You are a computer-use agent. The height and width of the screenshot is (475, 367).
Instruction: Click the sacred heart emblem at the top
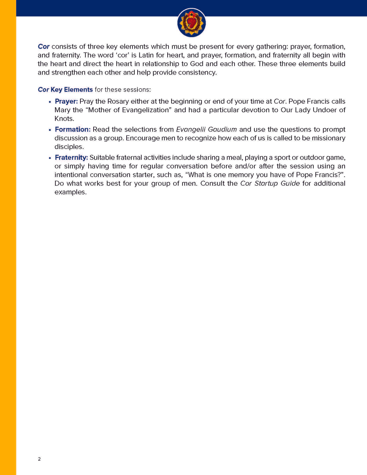coord(191,23)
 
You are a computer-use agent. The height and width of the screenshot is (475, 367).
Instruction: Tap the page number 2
coord(39,459)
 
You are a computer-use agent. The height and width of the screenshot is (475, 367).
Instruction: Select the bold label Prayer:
coord(66,101)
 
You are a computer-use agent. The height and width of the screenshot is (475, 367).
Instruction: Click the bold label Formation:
coord(72,129)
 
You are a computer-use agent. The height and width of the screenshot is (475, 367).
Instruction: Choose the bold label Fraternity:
coord(71,158)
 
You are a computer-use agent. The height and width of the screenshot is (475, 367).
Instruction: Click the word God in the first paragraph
coord(197,64)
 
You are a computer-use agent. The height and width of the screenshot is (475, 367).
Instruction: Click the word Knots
coord(64,119)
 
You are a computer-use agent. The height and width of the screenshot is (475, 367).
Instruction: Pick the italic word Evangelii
coord(191,129)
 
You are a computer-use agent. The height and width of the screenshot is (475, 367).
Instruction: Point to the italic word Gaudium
coord(222,129)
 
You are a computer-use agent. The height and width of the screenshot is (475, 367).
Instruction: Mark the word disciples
coord(69,147)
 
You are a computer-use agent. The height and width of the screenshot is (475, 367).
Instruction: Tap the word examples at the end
coord(70,192)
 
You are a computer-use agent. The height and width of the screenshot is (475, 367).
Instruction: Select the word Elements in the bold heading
coord(78,90)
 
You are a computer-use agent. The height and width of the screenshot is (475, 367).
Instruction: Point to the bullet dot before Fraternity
coord(50,158)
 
